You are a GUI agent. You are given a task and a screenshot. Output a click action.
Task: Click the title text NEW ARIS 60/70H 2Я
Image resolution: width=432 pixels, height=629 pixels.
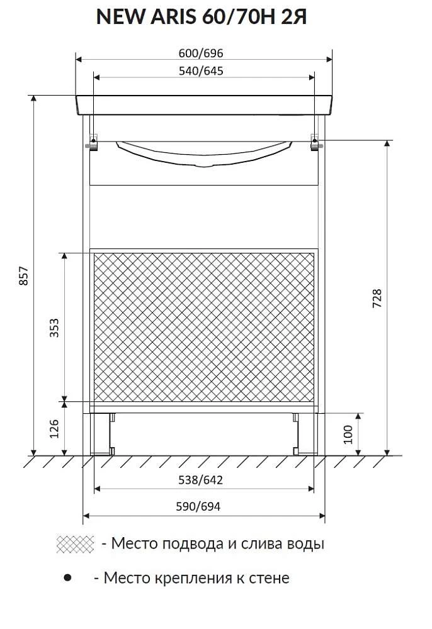(202, 17)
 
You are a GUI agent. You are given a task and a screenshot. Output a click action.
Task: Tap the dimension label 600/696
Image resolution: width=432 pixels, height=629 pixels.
(201, 53)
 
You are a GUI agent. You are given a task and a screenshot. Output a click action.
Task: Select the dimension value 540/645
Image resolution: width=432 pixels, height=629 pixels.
(201, 71)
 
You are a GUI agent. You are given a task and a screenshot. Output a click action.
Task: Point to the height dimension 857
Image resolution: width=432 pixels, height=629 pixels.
(24, 276)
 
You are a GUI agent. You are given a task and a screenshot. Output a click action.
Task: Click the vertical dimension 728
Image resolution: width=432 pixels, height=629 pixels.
(377, 298)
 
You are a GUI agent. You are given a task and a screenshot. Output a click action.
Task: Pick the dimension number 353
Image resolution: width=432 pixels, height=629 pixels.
(54, 327)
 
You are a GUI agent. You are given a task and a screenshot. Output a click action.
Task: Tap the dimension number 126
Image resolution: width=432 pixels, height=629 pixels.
(54, 428)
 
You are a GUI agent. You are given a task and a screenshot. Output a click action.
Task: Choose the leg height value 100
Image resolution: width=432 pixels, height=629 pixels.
(348, 434)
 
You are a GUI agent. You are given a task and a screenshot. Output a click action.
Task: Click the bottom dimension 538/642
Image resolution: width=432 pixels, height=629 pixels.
(200, 480)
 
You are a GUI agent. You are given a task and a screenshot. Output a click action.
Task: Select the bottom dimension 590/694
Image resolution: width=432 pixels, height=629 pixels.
(198, 506)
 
